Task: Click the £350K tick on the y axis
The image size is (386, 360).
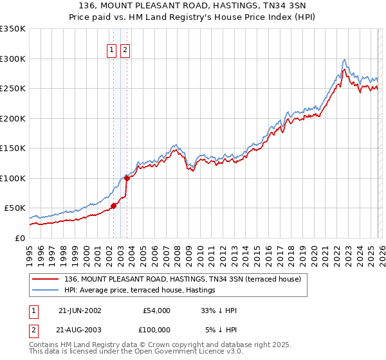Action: tap(13, 29)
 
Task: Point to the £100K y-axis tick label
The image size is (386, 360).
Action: tap(13, 178)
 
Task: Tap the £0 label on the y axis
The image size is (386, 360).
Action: tap(19, 238)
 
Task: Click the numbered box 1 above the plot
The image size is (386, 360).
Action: tap(111, 50)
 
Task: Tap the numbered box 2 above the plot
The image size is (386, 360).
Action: tap(124, 50)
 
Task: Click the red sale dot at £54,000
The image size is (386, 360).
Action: tap(114, 206)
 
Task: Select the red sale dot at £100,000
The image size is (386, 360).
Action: tap(127, 178)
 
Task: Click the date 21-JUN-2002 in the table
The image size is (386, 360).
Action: tap(80, 310)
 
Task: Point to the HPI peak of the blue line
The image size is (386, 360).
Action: tap(345, 60)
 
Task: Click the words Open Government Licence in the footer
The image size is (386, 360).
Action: tap(183, 353)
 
